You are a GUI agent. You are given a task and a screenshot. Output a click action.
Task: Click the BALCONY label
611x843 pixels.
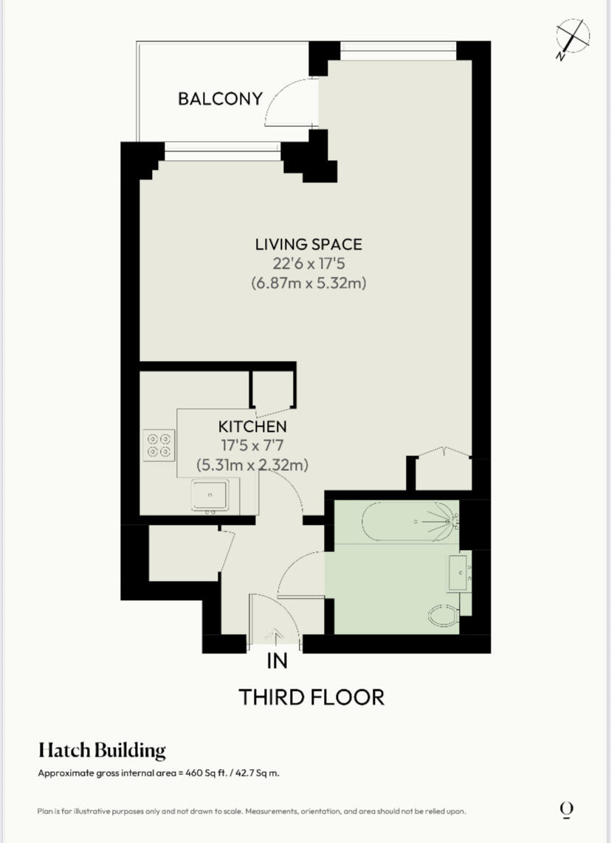click(220, 98)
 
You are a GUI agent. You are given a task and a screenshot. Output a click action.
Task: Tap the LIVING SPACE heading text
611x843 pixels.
click(309, 244)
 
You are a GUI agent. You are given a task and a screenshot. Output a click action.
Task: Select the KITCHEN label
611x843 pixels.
click(252, 426)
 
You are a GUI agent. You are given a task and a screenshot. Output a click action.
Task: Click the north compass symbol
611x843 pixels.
click(573, 37)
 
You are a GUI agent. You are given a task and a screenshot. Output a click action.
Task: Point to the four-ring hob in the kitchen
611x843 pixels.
click(159, 445)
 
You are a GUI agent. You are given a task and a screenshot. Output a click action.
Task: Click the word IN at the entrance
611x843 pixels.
click(277, 661)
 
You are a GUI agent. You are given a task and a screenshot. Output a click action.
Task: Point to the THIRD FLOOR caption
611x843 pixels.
click(311, 697)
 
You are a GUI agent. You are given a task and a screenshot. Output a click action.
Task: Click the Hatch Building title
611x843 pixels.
click(102, 751)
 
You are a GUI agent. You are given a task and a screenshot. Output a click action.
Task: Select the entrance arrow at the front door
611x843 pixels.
click(277, 633)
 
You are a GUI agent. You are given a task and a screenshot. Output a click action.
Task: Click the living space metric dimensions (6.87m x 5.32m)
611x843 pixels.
click(309, 283)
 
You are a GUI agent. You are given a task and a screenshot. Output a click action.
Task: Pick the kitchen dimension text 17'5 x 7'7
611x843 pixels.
click(252, 446)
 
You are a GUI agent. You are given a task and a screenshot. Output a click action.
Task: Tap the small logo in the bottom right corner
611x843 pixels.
click(566, 810)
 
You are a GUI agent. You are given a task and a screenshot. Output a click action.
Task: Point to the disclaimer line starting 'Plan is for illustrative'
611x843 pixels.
click(252, 811)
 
